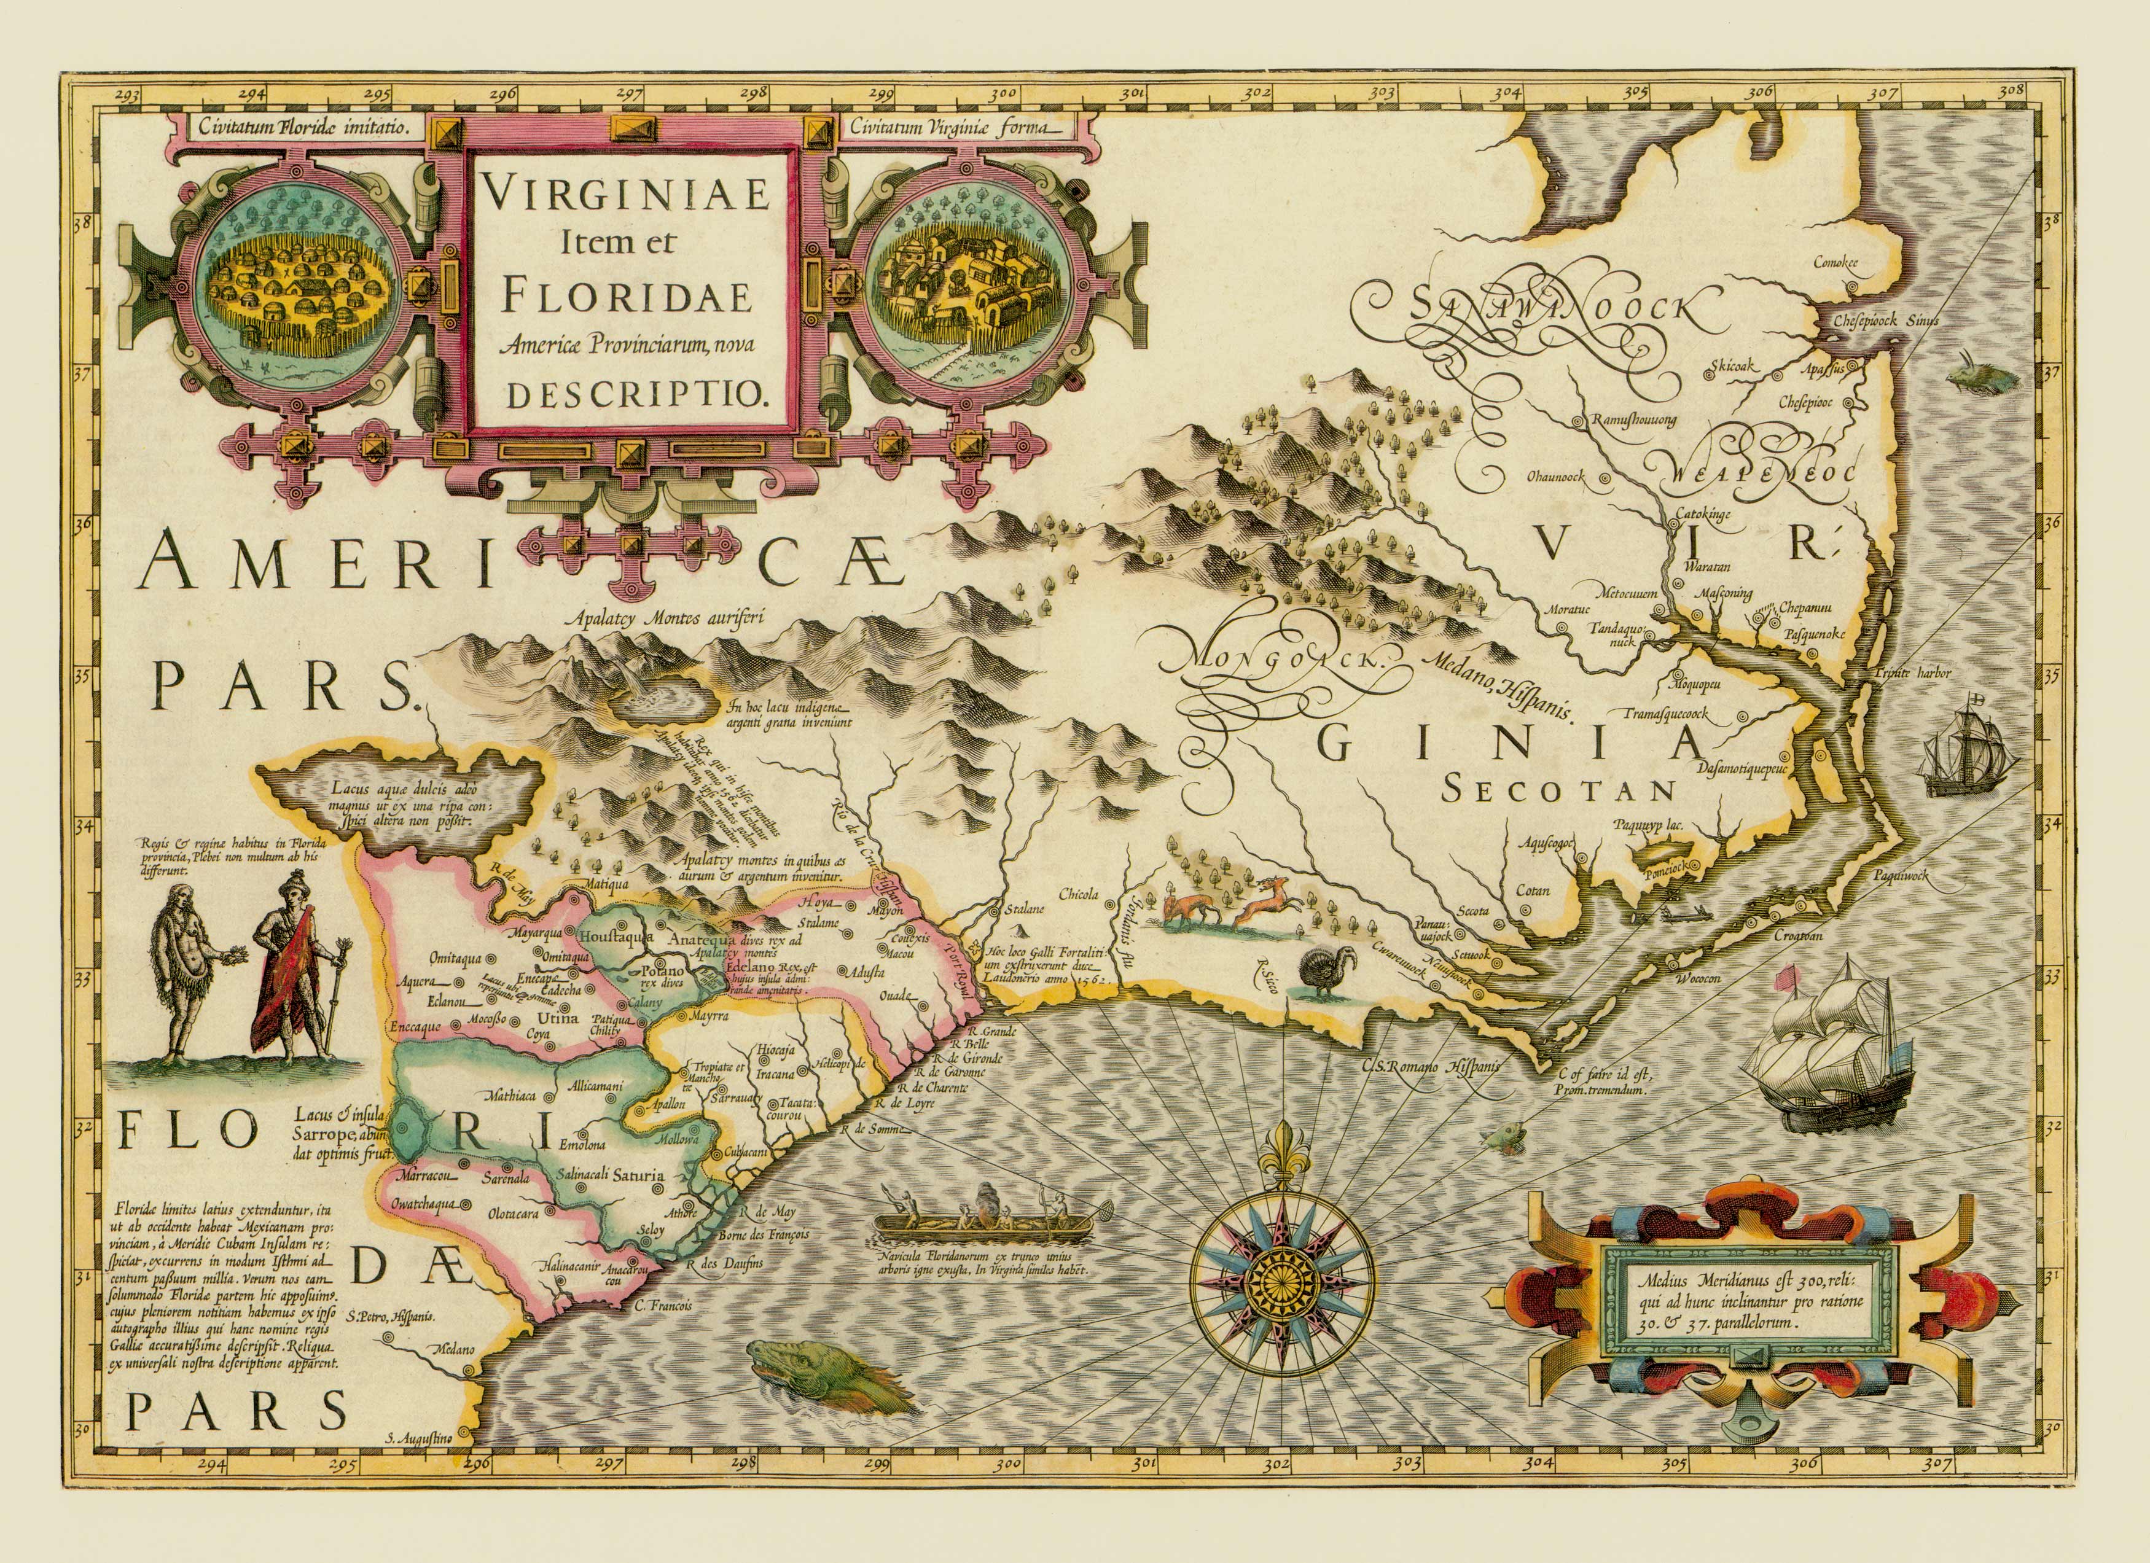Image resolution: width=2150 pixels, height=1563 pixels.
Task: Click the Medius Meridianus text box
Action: coord(1747,1301)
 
